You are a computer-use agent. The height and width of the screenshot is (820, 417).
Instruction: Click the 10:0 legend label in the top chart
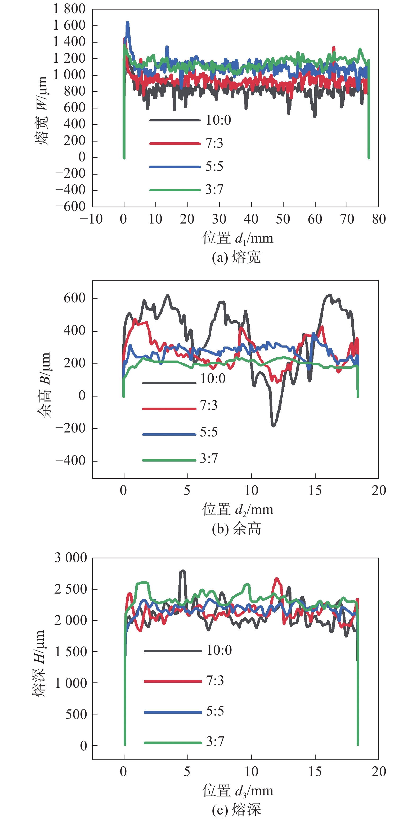(218, 120)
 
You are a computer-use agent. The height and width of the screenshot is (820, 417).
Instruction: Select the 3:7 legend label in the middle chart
(209, 459)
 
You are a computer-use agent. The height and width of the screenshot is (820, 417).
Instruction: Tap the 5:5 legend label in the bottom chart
(215, 711)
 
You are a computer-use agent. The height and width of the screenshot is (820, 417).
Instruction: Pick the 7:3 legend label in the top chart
(214, 144)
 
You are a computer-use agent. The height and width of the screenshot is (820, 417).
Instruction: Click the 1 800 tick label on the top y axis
(69, 9)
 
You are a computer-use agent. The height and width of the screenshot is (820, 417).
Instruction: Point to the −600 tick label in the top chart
(70, 206)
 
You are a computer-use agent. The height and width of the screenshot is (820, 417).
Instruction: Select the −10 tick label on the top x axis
(91, 219)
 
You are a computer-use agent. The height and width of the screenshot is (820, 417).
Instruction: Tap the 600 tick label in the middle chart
(75, 298)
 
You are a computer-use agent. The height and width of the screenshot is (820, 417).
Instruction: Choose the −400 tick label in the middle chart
(70, 461)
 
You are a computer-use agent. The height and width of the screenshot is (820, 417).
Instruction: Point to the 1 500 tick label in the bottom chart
(71, 652)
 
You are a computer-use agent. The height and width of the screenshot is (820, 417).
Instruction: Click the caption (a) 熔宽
(236, 257)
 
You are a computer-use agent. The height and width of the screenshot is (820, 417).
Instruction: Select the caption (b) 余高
(236, 529)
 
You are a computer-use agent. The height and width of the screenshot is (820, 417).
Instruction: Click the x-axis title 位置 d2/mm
(238, 510)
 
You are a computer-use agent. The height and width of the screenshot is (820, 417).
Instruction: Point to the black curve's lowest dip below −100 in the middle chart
(273, 425)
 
